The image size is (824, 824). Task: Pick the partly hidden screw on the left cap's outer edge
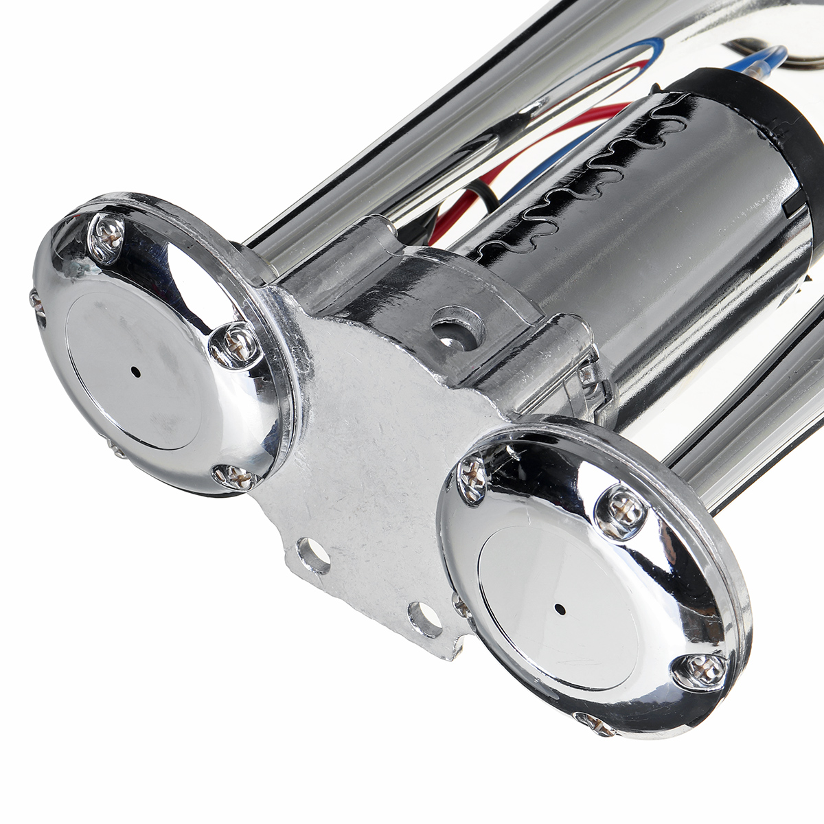tap(36, 302)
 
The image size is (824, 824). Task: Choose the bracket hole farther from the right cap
tap(312, 555)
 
